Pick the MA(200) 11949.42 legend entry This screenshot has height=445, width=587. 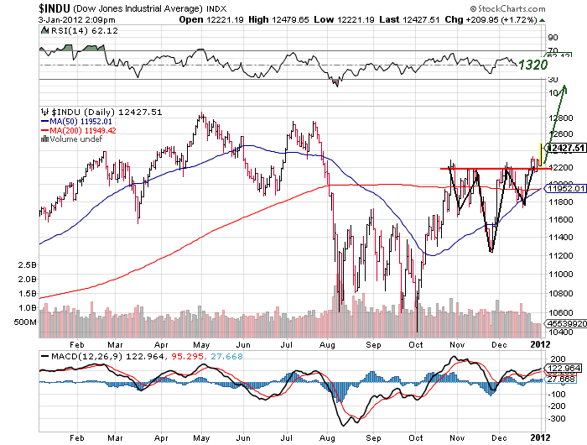coord(81,130)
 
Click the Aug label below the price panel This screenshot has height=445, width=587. coord(329,344)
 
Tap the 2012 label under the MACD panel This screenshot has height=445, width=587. coord(541,437)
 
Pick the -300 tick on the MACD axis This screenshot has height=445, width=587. coord(554,416)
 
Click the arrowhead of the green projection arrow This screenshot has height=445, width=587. coord(566,88)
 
